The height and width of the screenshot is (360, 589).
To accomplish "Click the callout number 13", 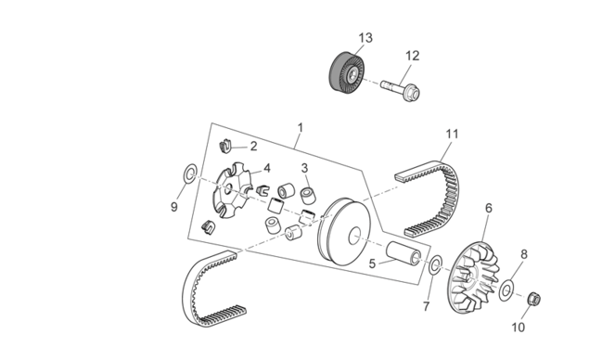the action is click(x=365, y=38).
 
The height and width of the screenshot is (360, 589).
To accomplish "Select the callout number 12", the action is click(x=412, y=56).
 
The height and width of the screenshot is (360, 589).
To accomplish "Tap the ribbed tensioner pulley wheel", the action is click(x=347, y=72).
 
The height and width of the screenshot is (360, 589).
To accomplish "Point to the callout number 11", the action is click(x=453, y=134).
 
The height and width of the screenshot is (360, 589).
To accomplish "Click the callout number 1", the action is click(x=301, y=128).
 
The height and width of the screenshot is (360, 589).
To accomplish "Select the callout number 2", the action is click(x=253, y=147).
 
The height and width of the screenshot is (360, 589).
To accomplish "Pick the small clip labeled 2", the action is click(x=225, y=146).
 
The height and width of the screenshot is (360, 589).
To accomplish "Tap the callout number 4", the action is click(x=267, y=168).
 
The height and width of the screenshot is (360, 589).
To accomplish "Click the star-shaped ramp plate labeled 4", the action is click(x=234, y=190).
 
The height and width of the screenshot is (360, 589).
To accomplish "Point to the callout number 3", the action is click(x=304, y=168).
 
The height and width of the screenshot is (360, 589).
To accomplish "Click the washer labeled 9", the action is click(x=190, y=174).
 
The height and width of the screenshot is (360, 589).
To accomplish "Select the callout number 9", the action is click(x=174, y=207).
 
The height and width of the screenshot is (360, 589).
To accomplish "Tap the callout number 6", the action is click(x=488, y=208).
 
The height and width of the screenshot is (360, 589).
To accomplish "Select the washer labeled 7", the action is click(x=435, y=265).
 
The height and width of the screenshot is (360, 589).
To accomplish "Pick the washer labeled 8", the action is click(x=506, y=290).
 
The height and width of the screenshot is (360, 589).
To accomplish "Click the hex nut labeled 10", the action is click(x=534, y=299).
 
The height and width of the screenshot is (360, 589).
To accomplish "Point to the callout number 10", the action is click(x=518, y=328).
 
